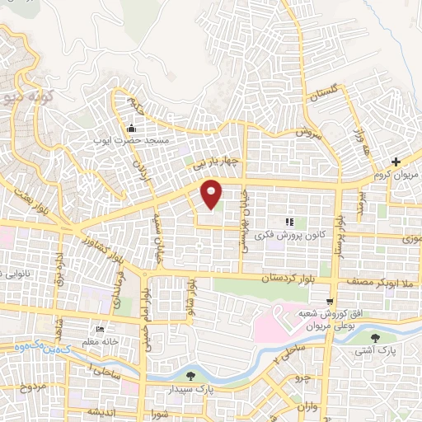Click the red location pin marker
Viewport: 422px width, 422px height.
click(x=212, y=194)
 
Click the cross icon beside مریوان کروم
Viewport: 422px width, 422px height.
click(x=396, y=162)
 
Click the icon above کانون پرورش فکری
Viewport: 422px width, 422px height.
click(x=288, y=222)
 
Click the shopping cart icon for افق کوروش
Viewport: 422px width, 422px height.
click(x=330, y=302)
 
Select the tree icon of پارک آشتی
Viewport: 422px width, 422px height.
click(x=375, y=337)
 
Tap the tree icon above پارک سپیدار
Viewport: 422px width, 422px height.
click(x=191, y=376)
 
